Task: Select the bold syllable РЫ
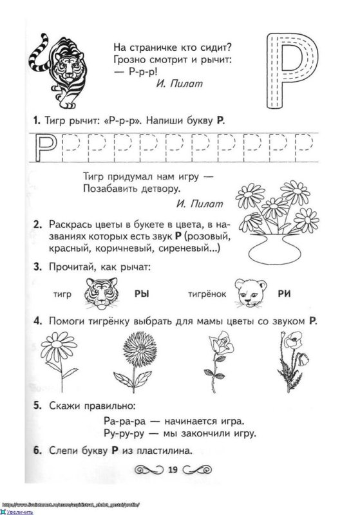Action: [142, 293]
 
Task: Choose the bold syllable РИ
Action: [285, 293]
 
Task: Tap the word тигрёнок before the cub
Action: [207, 294]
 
